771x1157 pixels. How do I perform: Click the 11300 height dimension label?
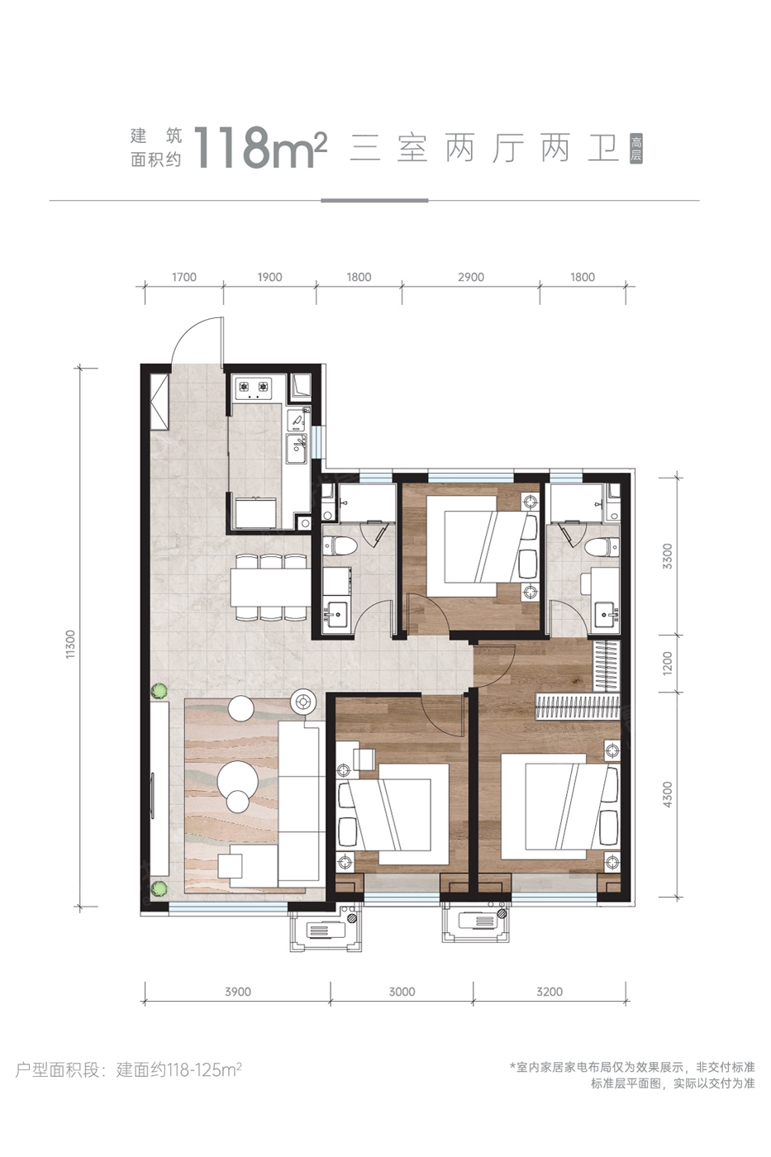click(x=71, y=644)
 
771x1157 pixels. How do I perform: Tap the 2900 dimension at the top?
click(x=471, y=278)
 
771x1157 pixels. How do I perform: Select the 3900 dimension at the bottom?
click(x=238, y=992)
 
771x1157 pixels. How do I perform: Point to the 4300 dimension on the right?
click(x=668, y=795)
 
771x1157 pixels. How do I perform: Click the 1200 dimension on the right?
click(x=668, y=663)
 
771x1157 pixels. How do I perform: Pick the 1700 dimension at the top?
click(x=183, y=278)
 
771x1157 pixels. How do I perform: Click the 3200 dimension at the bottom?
click(x=550, y=992)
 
